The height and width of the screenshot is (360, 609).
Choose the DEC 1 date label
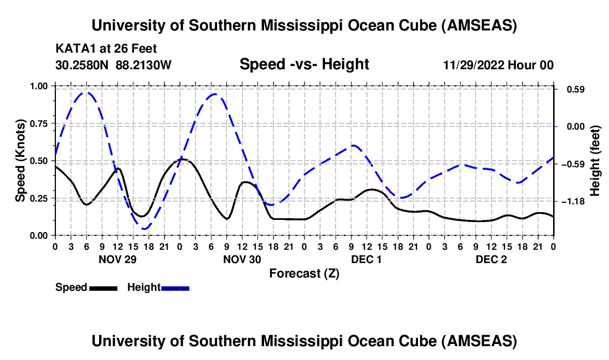pos(366,259)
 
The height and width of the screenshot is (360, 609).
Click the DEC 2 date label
pos(491,259)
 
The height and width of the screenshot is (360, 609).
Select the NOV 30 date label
pos(241,259)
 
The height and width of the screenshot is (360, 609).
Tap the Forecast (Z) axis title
pos(304,273)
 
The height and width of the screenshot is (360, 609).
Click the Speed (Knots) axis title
pos(20,161)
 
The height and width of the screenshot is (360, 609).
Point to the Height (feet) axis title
pos(595,161)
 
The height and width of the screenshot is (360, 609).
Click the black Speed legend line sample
pos(103,287)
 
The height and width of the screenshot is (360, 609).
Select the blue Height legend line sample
pos(175,287)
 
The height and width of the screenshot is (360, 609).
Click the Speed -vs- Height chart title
pos(304,64)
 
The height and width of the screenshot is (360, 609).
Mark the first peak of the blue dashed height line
pos(86,92)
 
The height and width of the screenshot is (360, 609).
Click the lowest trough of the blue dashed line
pos(145,229)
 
